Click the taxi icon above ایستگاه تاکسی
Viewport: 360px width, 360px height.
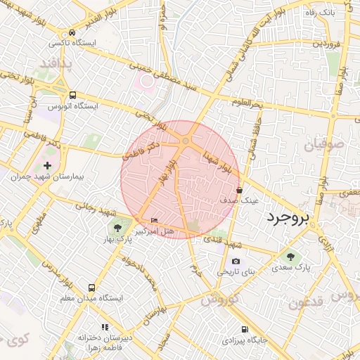[73, 32]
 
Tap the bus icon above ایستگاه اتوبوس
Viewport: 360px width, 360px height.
[73, 95]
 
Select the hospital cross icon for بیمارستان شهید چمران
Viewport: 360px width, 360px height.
[47, 165]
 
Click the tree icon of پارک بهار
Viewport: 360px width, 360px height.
[117, 228]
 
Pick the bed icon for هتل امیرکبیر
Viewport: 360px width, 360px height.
[155, 221]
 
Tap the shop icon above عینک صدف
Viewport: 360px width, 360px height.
[240, 190]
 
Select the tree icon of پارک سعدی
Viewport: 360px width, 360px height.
[291, 257]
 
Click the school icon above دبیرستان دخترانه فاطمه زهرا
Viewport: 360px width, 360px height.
[105, 326]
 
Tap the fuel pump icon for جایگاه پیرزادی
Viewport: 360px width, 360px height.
[244, 329]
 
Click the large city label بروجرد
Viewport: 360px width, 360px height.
[288, 218]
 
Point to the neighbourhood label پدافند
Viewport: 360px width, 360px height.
[51, 64]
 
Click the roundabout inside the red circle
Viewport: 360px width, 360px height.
[185, 143]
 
